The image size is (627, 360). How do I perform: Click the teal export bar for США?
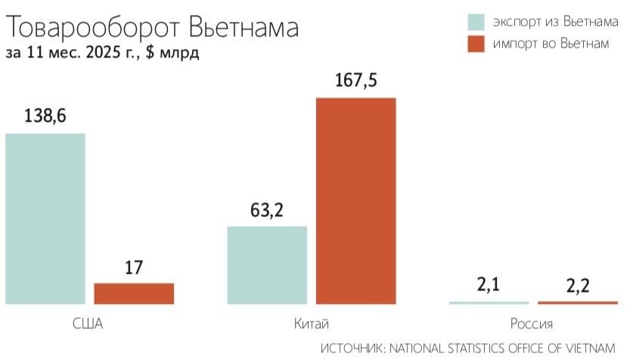45,219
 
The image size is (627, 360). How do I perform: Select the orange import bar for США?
134,293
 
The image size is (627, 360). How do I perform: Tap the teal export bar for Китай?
267,265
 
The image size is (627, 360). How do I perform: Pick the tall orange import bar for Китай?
355,200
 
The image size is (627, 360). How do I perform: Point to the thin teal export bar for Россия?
489,303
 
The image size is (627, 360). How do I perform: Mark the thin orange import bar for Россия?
577,303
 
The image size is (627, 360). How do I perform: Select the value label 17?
134,267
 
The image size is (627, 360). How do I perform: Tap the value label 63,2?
267,209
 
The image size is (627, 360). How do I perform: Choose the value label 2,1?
488,285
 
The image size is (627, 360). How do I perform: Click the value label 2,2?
577,286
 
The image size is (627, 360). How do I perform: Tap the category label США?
88,324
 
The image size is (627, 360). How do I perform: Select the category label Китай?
311,324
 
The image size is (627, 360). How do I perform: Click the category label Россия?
532,324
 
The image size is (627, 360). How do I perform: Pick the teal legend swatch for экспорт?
476,21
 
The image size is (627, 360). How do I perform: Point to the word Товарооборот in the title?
92,28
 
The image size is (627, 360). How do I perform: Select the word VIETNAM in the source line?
588,348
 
